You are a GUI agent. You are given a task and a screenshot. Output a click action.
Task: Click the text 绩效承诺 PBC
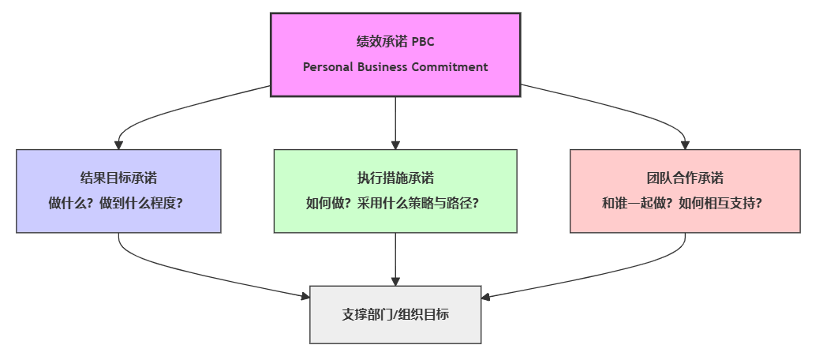point(395,42)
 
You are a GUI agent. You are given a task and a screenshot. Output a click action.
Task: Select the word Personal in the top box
point(327,67)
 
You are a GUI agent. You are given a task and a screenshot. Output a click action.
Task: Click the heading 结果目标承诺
point(118,178)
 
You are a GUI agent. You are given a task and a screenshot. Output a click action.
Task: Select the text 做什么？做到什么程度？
point(118,203)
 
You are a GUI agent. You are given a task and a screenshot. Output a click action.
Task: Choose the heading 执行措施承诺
point(395,178)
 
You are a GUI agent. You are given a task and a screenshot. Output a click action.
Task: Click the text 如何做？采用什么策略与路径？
point(395,203)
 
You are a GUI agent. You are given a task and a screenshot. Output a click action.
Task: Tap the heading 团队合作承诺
point(685,178)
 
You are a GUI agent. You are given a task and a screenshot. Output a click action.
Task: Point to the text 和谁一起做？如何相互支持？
point(685,203)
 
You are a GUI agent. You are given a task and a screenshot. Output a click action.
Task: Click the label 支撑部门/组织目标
point(395,314)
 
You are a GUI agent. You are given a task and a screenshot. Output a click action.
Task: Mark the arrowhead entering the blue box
point(118,144)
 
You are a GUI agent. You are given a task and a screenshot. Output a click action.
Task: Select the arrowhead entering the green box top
point(395,144)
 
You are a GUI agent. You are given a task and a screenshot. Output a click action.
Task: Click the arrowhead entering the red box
point(685,144)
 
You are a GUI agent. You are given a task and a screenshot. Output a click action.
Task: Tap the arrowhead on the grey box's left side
point(305,296)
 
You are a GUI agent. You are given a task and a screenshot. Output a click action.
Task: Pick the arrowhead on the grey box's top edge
point(395,280)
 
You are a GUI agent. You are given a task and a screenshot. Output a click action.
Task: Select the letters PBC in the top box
point(423,42)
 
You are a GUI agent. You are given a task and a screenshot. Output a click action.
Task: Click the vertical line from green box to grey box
point(395,257)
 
